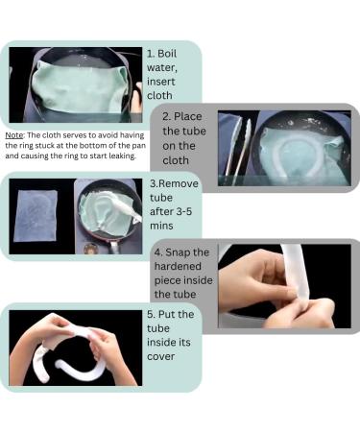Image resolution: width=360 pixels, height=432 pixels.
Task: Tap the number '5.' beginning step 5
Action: tap(152, 314)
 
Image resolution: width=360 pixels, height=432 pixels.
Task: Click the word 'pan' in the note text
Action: tap(169, 145)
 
